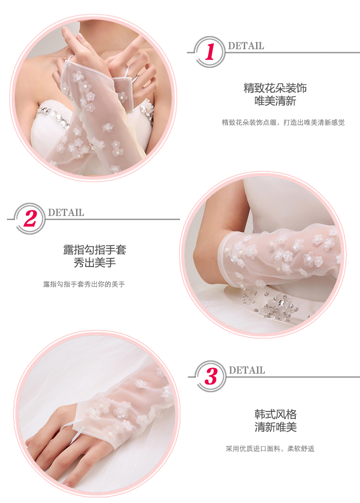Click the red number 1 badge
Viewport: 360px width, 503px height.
click(x=210, y=52)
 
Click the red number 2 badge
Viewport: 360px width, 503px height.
click(x=30, y=219)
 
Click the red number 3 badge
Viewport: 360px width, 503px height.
click(x=211, y=376)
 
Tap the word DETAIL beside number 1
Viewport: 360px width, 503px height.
click(x=246, y=46)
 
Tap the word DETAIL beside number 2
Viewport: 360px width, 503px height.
click(x=66, y=212)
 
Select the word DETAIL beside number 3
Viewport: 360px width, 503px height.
click(x=247, y=370)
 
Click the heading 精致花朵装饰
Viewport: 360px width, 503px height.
click(x=275, y=88)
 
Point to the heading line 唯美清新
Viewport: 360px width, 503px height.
click(x=275, y=101)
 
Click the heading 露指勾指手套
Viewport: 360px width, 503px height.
click(x=95, y=250)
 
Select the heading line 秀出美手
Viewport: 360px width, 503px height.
click(x=95, y=263)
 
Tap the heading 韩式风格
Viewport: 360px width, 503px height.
click(x=276, y=414)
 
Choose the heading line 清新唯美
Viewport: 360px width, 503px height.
click(x=276, y=427)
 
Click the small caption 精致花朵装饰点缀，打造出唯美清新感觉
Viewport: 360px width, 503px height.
click(x=283, y=122)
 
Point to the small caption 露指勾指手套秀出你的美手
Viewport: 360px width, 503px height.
click(x=84, y=284)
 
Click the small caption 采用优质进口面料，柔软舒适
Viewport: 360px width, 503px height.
click(x=270, y=448)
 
